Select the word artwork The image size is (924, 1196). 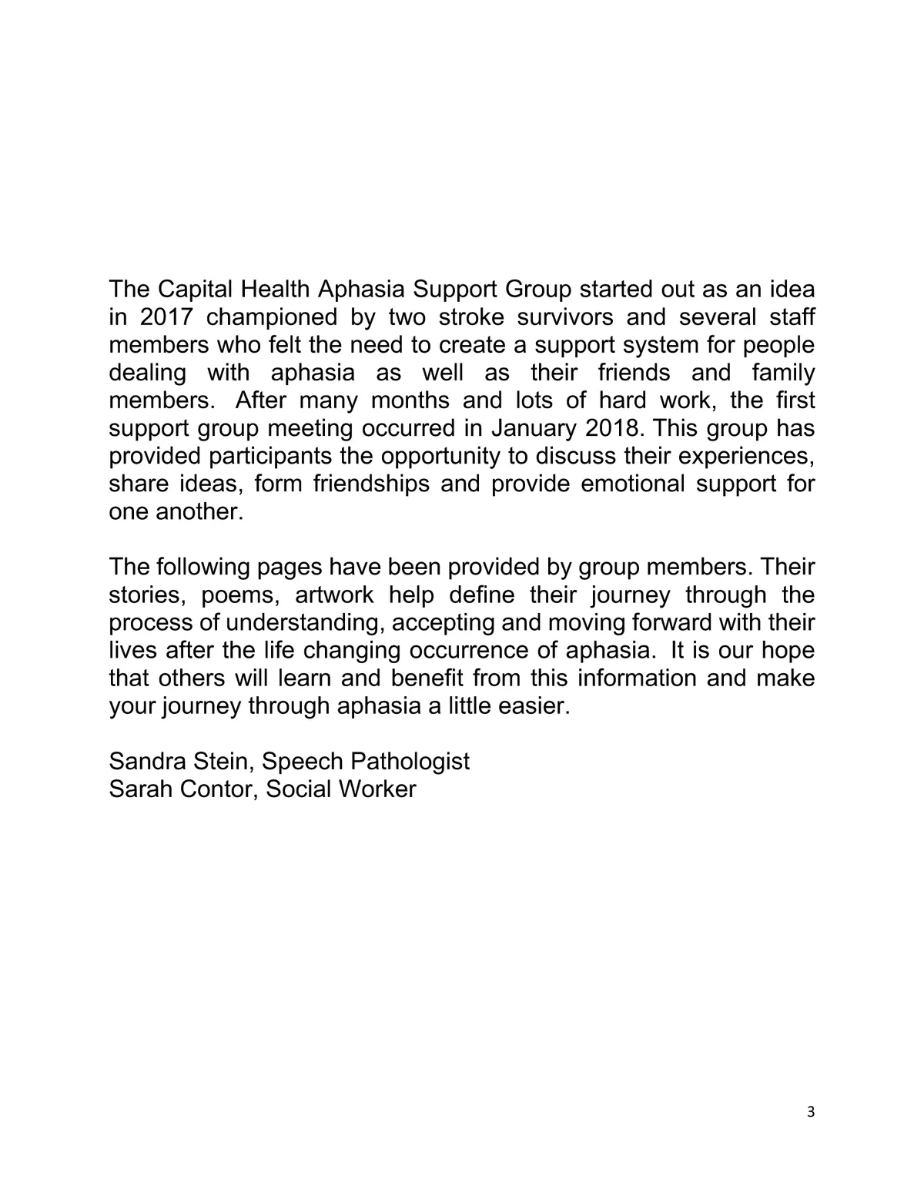tap(334, 595)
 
